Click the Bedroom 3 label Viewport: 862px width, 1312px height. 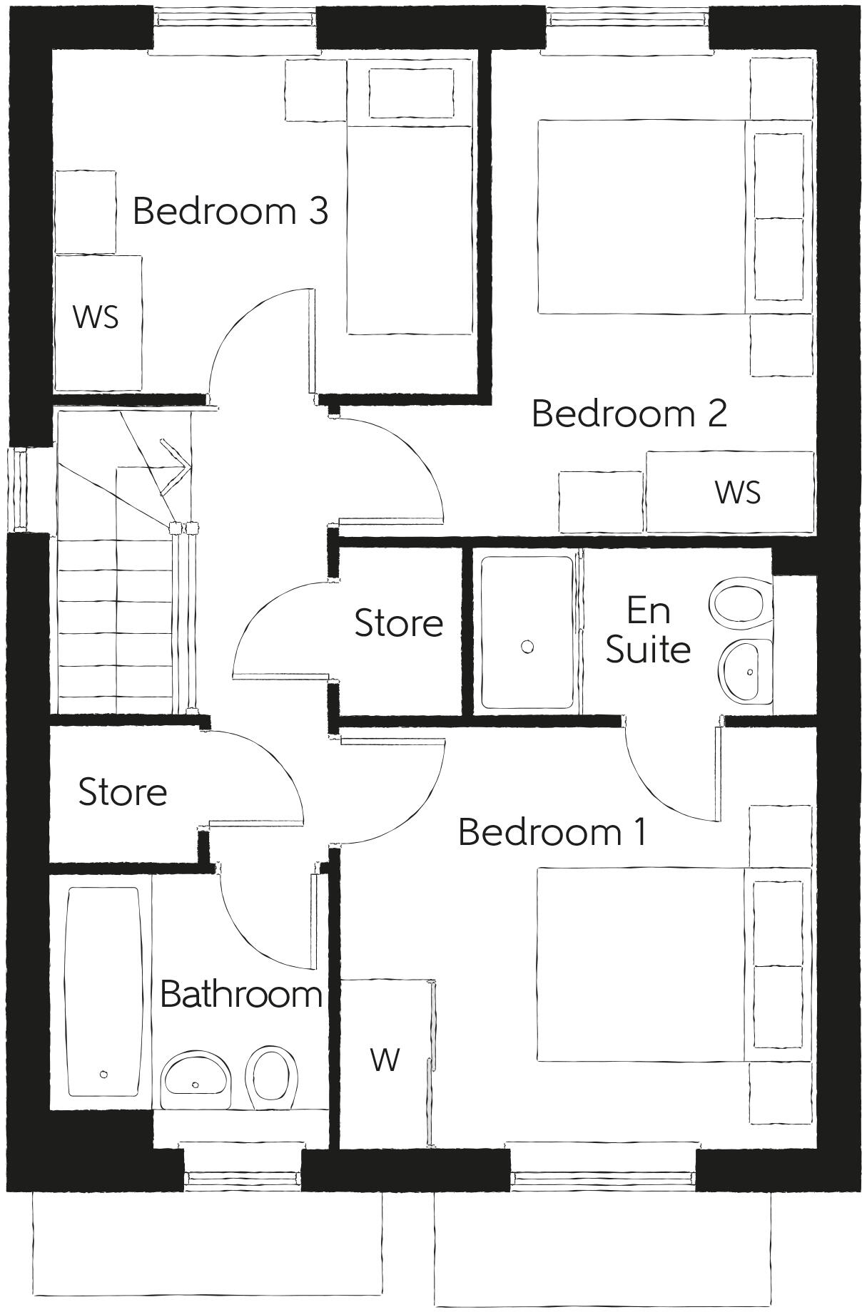click(x=230, y=211)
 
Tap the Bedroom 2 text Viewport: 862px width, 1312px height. click(x=629, y=414)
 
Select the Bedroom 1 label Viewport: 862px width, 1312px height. click(x=552, y=831)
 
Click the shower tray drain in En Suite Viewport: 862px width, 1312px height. click(x=527, y=647)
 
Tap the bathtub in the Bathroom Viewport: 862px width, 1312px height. click(x=103, y=991)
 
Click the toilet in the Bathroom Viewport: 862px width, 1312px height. click(x=271, y=1077)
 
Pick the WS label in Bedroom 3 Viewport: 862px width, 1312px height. click(x=96, y=317)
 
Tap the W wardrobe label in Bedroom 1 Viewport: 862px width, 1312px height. click(x=385, y=1060)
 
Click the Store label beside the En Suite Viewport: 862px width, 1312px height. click(x=398, y=623)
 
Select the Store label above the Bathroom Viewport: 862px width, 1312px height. click(x=122, y=792)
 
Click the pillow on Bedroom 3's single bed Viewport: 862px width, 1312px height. click(x=410, y=93)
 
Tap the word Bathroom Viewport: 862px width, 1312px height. click(x=240, y=994)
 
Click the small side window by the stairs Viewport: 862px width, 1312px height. click(x=19, y=489)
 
